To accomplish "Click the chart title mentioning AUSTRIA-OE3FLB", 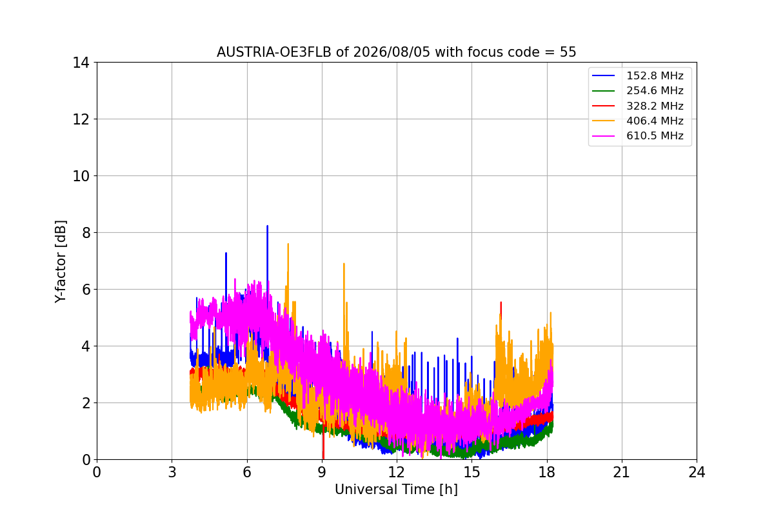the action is (396, 52).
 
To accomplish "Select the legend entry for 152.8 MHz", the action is (637, 75).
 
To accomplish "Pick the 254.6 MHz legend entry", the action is (637, 90).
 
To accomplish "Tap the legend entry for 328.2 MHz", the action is (637, 106).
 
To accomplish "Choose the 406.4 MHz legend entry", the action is (637, 121).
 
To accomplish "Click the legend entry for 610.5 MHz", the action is (637, 135).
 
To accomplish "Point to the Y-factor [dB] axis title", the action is (61, 262).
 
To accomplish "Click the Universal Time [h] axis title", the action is (396, 490).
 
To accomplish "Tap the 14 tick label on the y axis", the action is (81, 63).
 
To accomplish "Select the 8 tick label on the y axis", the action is (86, 233).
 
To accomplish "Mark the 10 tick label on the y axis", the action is (81, 176).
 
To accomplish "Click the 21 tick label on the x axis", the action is (622, 472).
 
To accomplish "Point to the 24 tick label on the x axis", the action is (697, 472).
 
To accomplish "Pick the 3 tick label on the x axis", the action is (172, 472).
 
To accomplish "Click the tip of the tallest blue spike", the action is (267, 226).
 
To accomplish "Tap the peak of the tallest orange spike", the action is (288, 244).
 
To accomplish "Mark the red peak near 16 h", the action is (501, 303).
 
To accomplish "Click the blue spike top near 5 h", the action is (226, 253).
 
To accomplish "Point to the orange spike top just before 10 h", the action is (344, 264).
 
